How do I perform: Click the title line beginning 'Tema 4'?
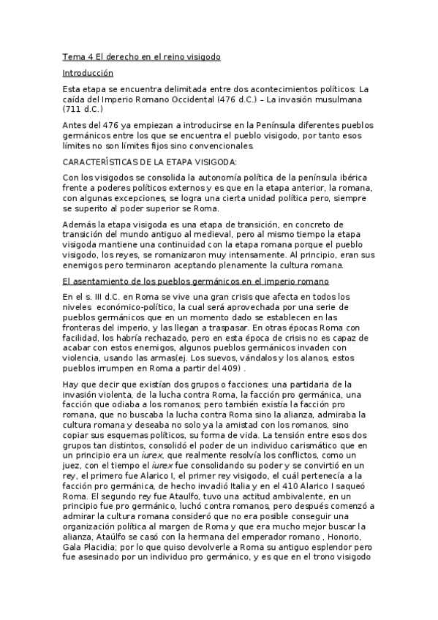141,56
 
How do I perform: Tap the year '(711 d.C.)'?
83,109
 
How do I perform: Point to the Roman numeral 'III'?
103,296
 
